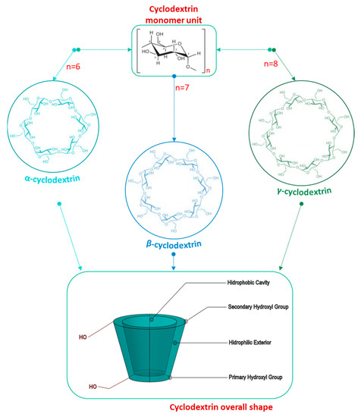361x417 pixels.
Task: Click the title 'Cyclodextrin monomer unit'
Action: coord(180,13)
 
